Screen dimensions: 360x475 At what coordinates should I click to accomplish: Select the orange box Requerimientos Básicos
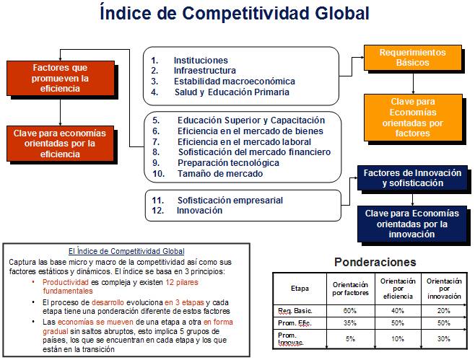(x=412, y=58)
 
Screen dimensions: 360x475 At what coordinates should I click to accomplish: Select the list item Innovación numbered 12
(x=199, y=211)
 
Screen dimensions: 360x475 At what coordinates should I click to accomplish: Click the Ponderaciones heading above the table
(x=375, y=262)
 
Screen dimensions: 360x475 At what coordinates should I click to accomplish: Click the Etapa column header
(x=299, y=288)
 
